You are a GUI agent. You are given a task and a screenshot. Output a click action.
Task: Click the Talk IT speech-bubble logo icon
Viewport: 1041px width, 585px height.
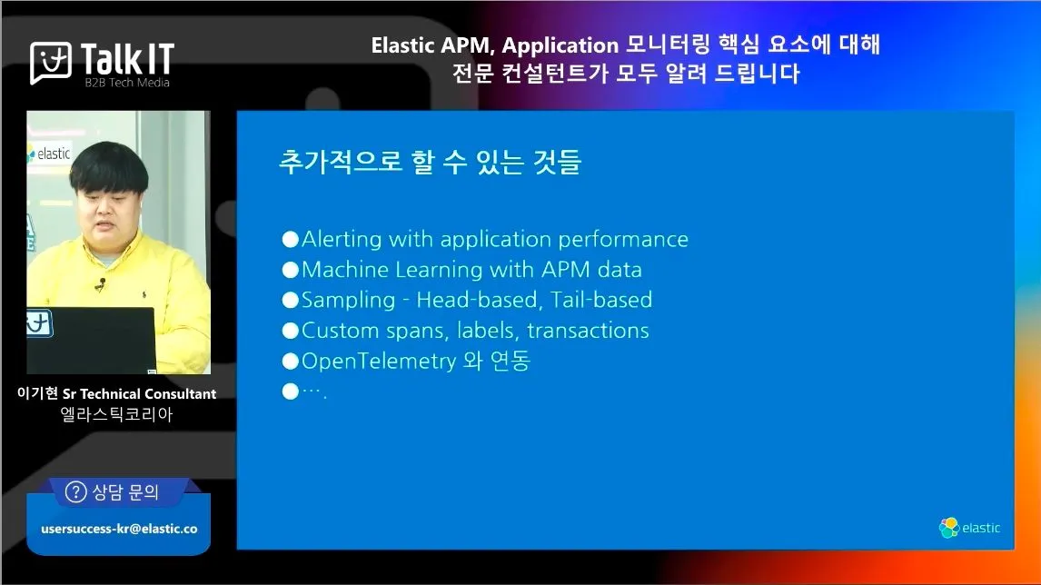pos(51,63)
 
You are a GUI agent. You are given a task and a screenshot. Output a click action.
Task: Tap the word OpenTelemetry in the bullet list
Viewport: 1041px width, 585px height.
pos(379,362)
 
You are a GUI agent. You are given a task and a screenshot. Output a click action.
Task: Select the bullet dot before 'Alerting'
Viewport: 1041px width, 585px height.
pos(290,239)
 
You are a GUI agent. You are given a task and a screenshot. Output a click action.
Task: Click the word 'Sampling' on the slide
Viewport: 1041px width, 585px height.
pos(348,300)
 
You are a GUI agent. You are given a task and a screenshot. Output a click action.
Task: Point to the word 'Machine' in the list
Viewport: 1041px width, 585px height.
pos(344,270)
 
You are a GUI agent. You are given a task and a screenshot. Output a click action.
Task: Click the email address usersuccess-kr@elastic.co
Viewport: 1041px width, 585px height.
pos(120,530)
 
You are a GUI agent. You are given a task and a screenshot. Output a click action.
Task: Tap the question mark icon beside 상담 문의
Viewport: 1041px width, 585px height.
pos(75,492)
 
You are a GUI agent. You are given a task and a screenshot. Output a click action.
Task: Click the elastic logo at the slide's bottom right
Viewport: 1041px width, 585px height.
pos(969,528)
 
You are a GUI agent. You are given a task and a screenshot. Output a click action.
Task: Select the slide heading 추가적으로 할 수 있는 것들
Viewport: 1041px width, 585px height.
pos(431,162)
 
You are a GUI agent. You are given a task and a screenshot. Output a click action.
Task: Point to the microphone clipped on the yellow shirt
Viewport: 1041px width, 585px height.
pos(100,284)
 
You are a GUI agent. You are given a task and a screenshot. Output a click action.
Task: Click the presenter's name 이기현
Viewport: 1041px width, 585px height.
pos(38,393)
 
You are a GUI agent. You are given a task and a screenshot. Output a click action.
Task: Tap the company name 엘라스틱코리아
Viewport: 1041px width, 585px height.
pos(117,414)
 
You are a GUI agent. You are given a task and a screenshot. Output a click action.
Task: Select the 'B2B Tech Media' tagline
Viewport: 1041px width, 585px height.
pos(127,83)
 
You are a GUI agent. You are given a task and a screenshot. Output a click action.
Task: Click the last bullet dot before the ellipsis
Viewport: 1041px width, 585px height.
pos(290,392)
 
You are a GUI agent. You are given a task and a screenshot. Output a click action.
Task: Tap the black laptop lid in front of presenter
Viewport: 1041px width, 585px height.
pos(91,340)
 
